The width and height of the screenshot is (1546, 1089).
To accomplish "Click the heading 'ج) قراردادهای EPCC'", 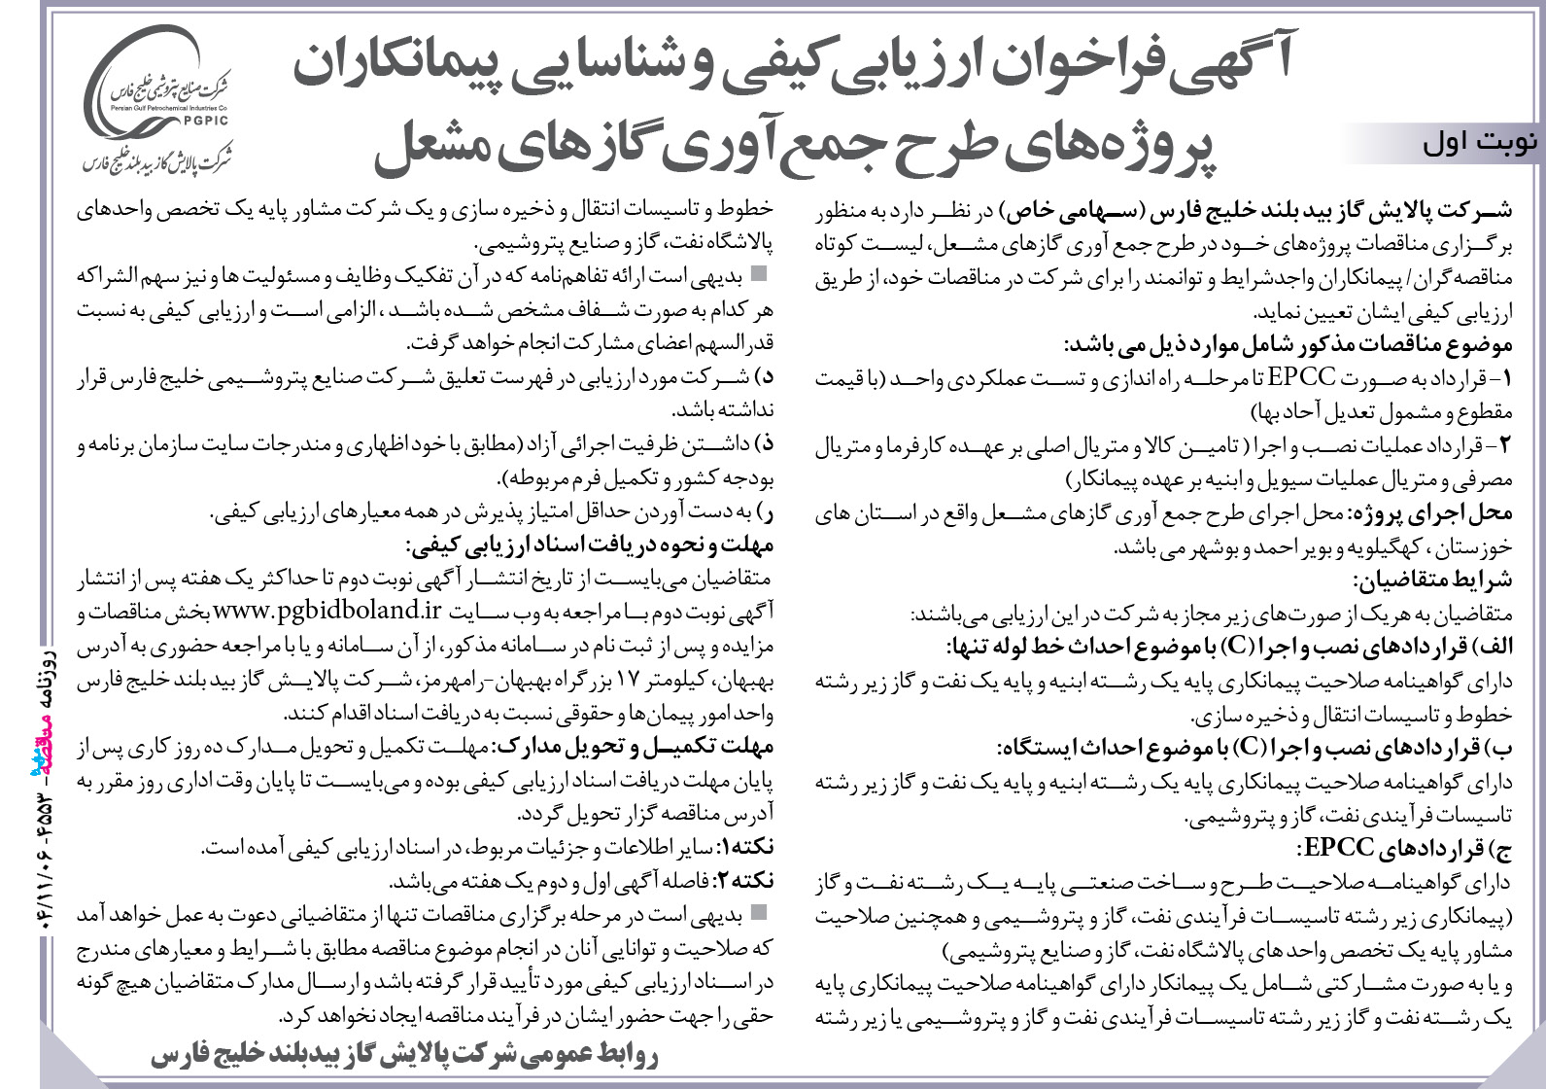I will [1403, 849].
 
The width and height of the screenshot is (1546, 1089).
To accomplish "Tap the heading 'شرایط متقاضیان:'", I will [1432, 580].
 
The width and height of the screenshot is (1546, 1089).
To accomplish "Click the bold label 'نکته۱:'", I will [747, 848].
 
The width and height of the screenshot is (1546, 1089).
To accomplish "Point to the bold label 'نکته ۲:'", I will [745, 882].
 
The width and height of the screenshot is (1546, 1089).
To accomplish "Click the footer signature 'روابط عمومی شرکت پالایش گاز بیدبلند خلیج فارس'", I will [402, 1055].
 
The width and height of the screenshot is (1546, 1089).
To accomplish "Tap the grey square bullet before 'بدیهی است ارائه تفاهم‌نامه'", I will [758, 275].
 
